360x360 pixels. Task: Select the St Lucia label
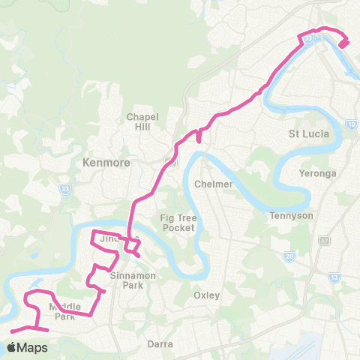point(305,135)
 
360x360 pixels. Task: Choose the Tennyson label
point(291,215)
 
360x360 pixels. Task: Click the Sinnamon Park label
point(132,280)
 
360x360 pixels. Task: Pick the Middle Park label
point(64,312)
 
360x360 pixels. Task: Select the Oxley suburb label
point(206,295)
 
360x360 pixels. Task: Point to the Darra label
point(160,344)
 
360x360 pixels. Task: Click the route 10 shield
point(352,124)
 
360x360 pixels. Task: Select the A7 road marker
point(324,240)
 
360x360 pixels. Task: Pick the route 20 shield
point(289,256)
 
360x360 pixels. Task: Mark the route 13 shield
point(334,277)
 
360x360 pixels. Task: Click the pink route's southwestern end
point(13,331)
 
